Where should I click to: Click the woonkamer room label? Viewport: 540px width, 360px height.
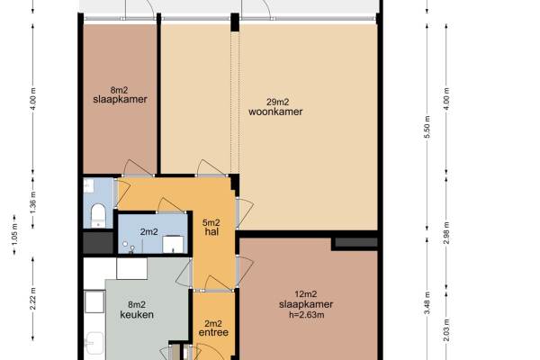pos(275,112)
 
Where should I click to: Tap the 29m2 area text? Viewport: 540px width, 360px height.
pos(277,102)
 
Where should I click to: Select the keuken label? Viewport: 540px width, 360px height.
pos(137,314)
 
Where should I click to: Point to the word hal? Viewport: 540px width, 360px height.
pos(211,232)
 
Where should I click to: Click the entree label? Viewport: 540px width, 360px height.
pos(213,332)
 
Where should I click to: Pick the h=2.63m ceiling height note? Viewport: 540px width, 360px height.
pos(306,314)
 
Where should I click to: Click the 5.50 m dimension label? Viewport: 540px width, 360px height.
pos(427,127)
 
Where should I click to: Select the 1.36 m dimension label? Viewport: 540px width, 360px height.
pos(33,202)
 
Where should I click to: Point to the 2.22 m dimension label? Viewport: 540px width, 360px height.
pos(33,299)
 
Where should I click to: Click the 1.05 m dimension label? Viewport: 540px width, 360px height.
pos(14,235)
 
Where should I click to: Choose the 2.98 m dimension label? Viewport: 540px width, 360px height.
pos(446,233)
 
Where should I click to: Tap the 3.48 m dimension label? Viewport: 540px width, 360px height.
pos(427,302)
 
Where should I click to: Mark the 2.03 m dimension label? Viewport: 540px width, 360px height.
pos(446,330)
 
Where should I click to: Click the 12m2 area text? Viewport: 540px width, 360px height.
pos(306,294)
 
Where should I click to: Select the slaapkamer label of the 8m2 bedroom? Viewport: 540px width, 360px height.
pos(121,99)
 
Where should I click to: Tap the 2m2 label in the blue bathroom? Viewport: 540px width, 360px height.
pos(149,232)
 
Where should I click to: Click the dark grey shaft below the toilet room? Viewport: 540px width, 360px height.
pos(98,242)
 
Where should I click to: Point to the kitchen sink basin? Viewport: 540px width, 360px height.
pos(94,343)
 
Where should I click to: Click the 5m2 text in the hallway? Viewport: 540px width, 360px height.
pos(211,222)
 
